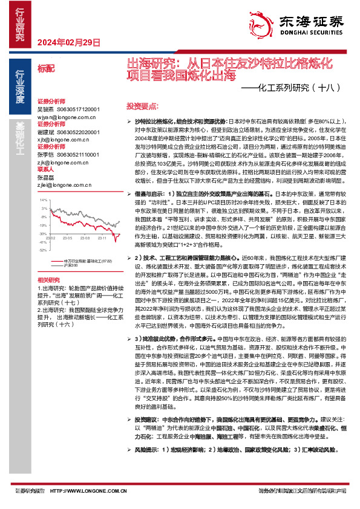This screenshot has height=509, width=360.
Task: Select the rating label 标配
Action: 45,70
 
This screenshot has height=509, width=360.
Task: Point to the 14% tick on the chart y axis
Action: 42,199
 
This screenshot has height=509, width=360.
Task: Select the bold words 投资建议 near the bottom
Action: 147,435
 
